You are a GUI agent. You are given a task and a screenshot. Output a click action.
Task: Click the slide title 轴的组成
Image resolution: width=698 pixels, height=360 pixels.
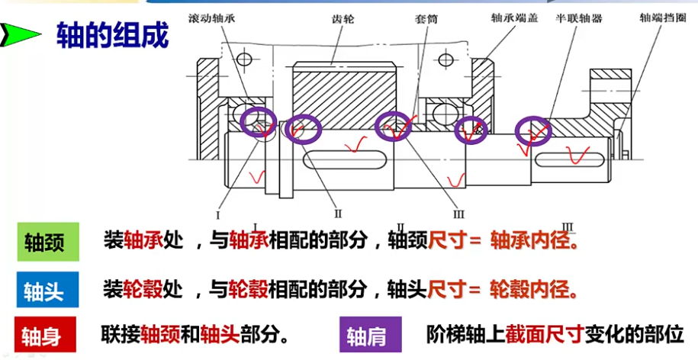point(112,36)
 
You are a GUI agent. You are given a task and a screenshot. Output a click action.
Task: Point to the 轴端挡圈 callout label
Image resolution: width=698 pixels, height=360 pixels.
point(659,17)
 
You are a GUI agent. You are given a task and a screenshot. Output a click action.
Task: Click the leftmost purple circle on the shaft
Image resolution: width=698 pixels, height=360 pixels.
point(259,123)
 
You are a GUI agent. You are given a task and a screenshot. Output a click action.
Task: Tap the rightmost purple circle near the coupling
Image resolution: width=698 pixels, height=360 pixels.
point(533,133)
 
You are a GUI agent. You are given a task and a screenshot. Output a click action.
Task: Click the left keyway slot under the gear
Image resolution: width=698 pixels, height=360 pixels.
point(346,160)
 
